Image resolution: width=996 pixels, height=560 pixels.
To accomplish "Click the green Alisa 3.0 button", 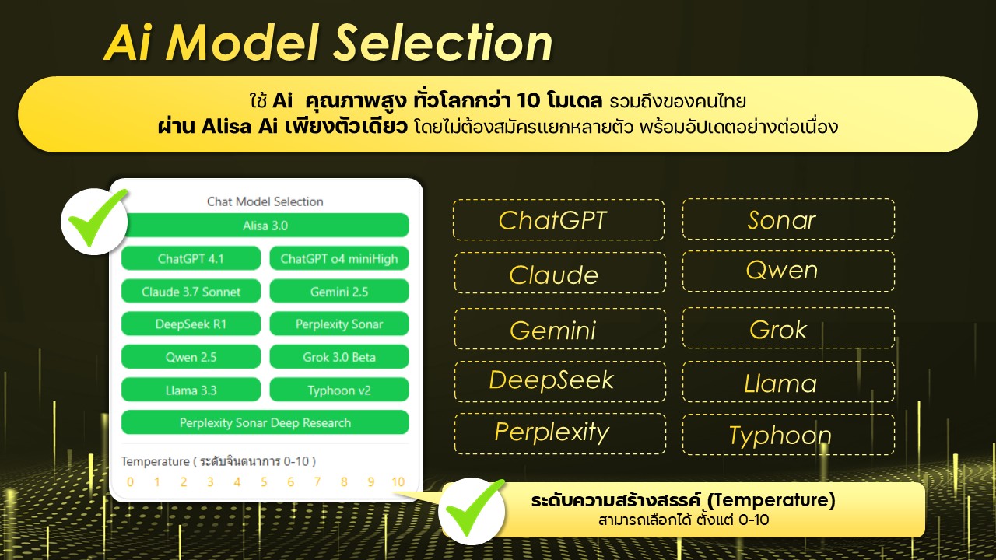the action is pos(265,226).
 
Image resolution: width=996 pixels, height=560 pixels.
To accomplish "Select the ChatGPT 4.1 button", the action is pos(191,258).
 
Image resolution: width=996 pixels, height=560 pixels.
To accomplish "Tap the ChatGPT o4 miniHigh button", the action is pos(339,258).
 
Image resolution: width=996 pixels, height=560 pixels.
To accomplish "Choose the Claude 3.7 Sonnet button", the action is pos(191,291).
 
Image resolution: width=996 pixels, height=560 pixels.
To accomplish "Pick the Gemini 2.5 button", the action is pos(339,291).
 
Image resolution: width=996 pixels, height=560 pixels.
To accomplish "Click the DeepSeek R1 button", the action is pos(191,324).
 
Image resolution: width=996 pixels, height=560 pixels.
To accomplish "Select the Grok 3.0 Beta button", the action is pos(339,357).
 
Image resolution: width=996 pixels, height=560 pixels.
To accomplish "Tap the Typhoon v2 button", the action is pos(339,390).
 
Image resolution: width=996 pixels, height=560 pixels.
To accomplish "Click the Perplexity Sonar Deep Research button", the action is pos(265,422).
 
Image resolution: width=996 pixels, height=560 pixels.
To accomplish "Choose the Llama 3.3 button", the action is pos(191,390).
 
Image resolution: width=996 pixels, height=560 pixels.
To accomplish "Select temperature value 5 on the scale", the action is pos(264,481).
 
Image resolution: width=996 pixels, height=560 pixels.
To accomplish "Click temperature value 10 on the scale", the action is pos(398,481).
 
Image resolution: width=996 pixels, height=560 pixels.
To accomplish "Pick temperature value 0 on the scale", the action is pos(130,481).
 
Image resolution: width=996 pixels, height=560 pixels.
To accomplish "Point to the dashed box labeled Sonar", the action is pos(788,219).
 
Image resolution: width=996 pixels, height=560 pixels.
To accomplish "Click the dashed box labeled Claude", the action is pos(559,273).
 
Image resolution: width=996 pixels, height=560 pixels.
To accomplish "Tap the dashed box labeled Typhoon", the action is pos(788,434).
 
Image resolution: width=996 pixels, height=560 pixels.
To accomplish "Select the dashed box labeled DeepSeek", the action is pos(559,381).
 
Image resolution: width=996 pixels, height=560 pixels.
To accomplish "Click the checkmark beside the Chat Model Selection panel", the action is pos(94,221).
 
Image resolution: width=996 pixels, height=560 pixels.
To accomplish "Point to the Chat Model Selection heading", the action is pos(265,201).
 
